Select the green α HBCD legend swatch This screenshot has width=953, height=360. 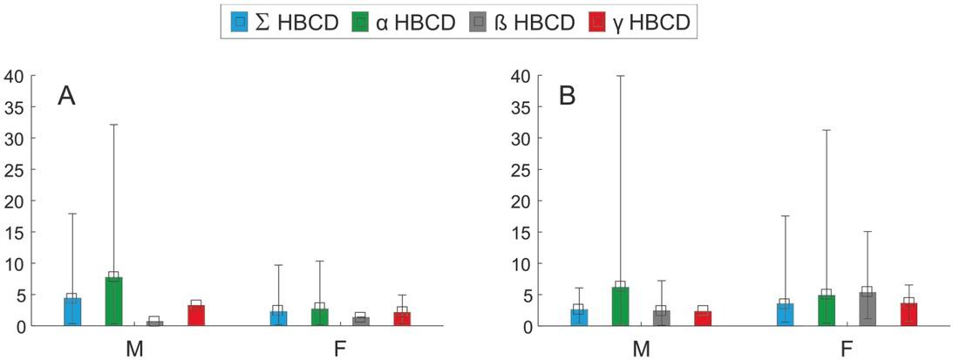(x=357, y=22)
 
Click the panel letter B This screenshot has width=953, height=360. (x=568, y=96)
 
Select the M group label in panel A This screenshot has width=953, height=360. (x=133, y=349)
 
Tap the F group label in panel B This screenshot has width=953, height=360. (x=846, y=349)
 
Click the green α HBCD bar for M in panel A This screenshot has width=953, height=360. (x=113, y=302)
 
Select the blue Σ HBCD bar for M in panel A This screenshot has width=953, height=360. (x=72, y=312)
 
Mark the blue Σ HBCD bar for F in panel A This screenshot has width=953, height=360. (x=278, y=318)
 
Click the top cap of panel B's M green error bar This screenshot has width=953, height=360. (x=621, y=76)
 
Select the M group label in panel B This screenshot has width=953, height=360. (x=641, y=349)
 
